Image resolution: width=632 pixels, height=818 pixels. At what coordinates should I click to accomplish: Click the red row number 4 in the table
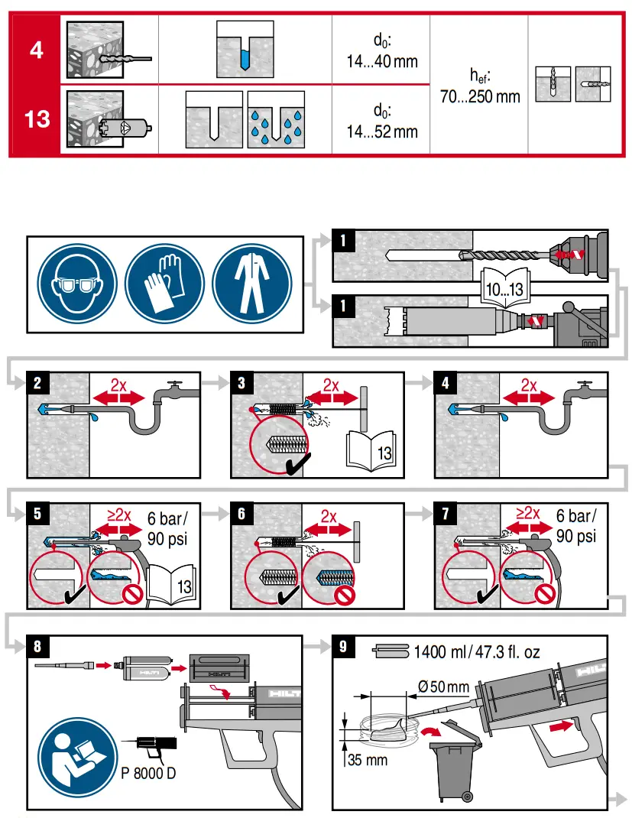point(36,50)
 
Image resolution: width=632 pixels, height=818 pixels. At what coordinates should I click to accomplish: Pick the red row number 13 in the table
point(36,120)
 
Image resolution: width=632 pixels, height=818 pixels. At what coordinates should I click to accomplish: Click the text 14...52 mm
point(382,131)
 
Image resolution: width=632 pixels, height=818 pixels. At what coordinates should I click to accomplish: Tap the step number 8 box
point(37,647)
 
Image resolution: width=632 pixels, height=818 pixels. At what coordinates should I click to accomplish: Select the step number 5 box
point(37,513)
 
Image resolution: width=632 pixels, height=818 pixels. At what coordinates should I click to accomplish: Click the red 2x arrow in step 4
point(528,396)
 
